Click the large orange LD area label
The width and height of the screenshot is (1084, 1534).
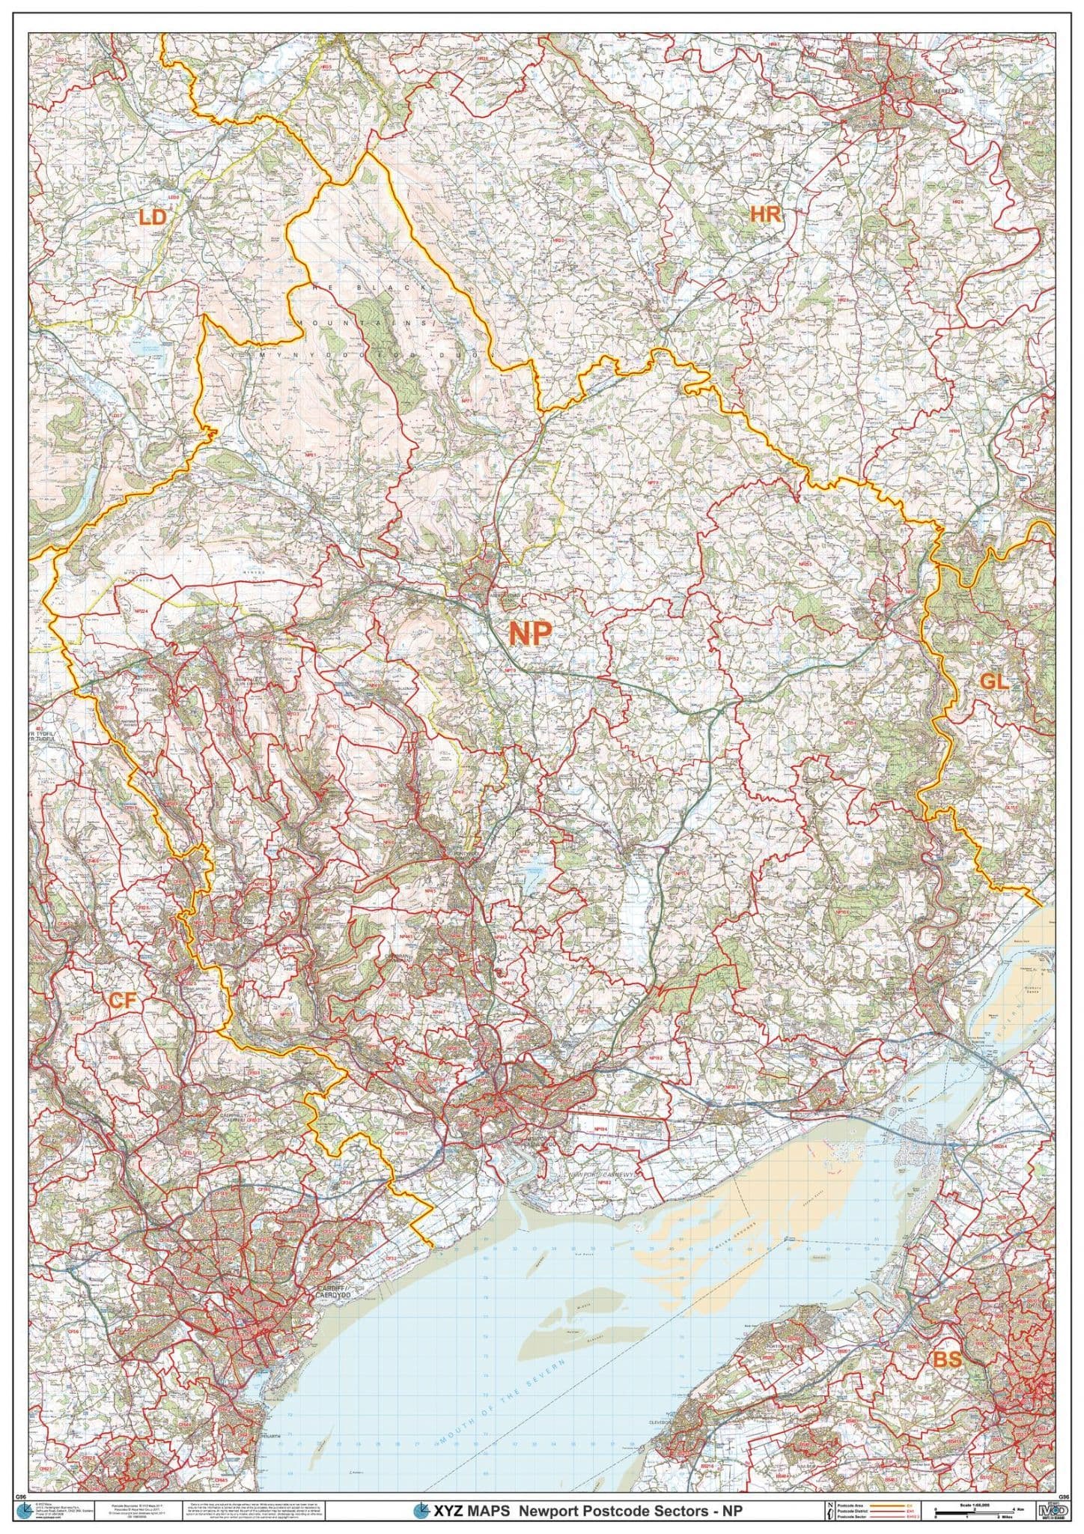click(152, 218)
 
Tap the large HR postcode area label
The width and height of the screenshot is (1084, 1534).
click(766, 215)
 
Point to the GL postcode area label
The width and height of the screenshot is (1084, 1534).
click(995, 682)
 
